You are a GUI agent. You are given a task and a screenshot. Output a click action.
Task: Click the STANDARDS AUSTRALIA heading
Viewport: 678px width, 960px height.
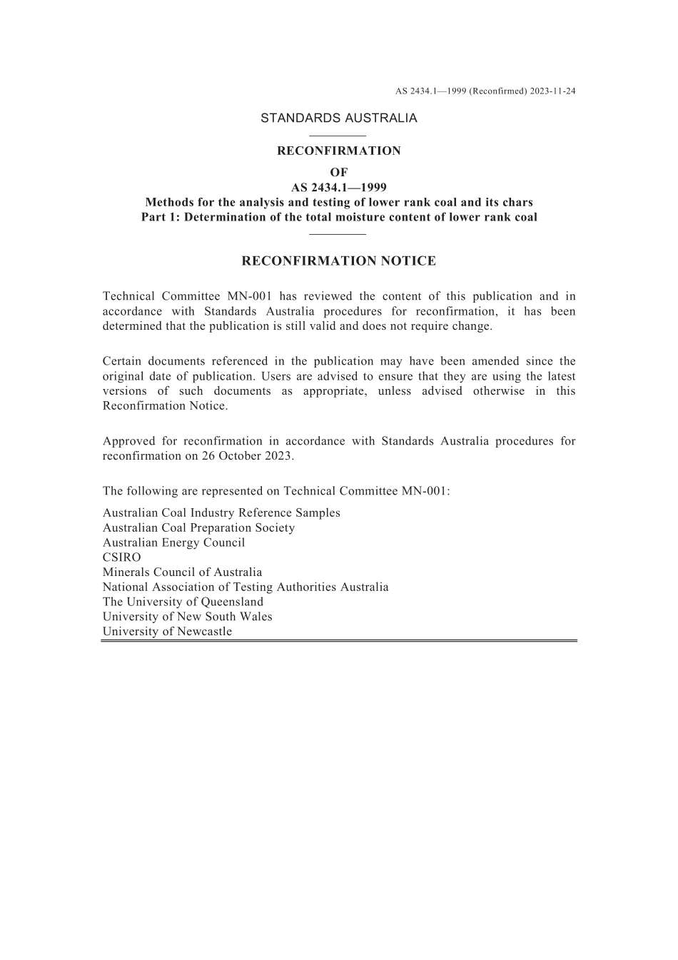[339, 118]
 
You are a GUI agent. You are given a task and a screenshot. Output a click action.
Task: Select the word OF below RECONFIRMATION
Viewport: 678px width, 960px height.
[339, 173]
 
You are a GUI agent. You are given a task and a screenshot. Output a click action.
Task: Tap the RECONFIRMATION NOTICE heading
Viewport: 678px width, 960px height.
[339, 261]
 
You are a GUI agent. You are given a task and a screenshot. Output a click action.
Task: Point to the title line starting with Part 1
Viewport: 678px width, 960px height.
[339, 218]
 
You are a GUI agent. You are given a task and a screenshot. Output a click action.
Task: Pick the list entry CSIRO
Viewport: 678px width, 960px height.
[122, 557]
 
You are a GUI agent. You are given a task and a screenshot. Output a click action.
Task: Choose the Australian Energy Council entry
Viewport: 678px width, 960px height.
[173, 542]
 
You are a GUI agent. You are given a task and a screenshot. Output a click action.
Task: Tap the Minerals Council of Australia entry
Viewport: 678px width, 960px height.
[182, 572]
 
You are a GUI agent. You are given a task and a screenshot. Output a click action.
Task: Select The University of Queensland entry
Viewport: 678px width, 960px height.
[183, 602]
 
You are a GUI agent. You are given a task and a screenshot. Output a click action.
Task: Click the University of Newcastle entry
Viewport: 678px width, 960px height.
[167, 632]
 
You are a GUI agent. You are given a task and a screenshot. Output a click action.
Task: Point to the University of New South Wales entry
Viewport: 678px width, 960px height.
[187, 617]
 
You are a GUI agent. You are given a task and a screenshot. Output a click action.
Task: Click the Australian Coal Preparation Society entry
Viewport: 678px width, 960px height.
[198, 528]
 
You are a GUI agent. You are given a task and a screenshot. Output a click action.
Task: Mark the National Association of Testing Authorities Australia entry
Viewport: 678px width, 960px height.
[246, 587]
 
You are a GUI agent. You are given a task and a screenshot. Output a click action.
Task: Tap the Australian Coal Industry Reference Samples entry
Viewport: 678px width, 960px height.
[221, 513]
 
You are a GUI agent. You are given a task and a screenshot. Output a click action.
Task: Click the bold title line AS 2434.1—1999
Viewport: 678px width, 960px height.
[339, 188]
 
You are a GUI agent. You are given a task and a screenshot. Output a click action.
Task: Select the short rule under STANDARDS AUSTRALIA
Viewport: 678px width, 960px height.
[338, 136]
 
